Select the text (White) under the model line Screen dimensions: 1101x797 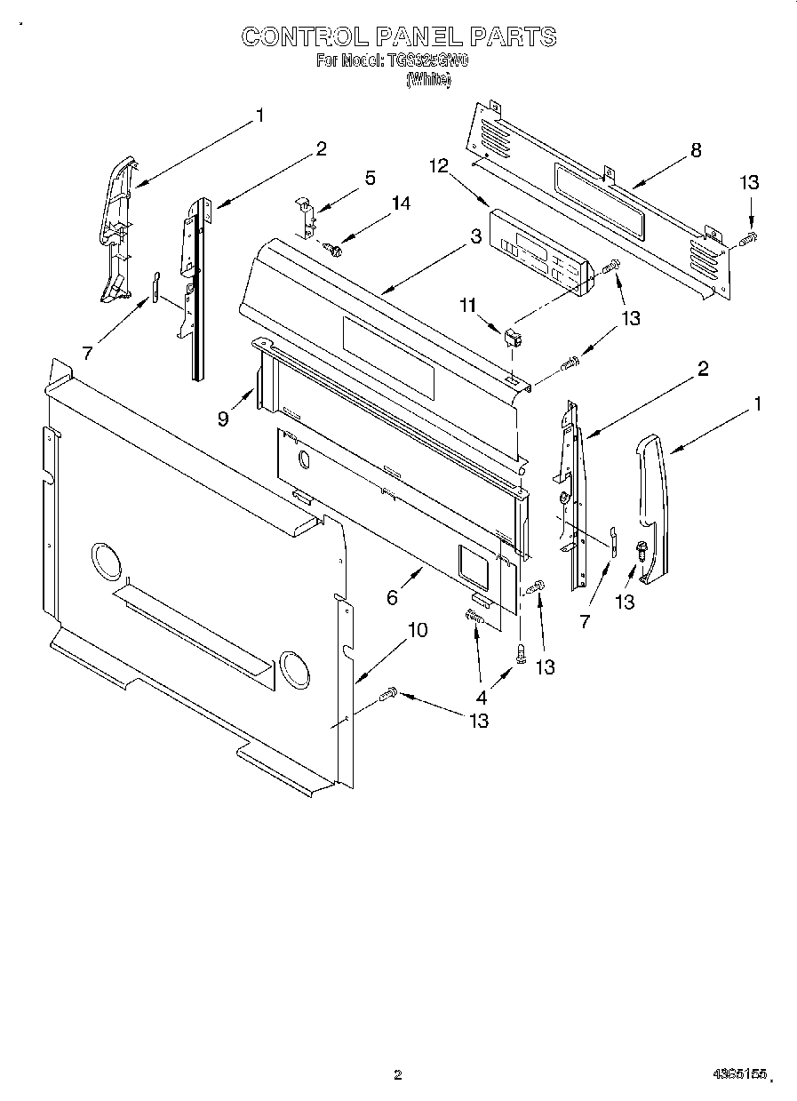point(428,79)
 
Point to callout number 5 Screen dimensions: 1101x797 point(370,177)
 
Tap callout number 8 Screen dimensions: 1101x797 point(696,150)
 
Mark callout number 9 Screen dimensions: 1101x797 point(223,418)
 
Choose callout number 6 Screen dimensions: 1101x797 point(392,598)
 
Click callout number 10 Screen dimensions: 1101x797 point(417,630)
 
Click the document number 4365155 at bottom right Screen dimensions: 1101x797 point(738,1074)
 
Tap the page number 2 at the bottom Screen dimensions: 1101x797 point(397,1074)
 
